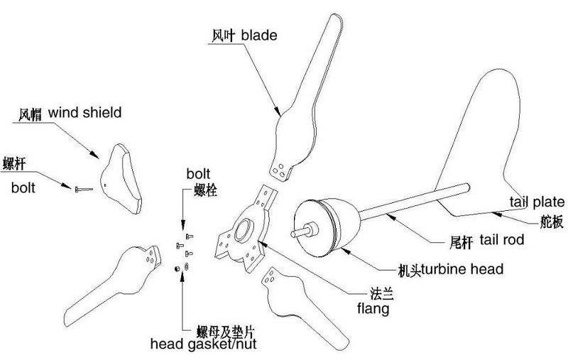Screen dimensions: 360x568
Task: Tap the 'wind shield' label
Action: pyautogui.click(x=84, y=112)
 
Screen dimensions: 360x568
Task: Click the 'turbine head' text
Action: pyautogui.click(x=461, y=269)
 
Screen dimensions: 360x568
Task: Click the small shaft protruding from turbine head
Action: pyautogui.click(x=297, y=231)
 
